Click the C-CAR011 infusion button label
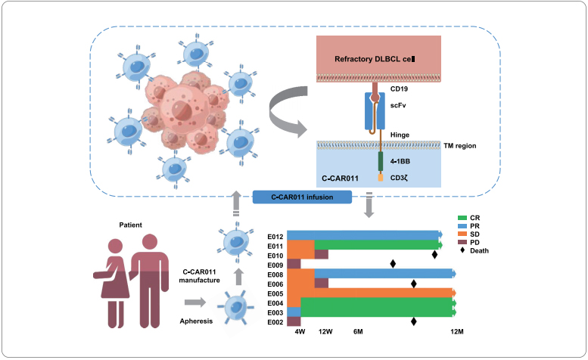[302, 197]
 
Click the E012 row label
[275, 235]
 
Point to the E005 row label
[275, 293]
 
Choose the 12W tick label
[326, 332]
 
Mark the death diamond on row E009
[393, 264]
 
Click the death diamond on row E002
[414, 321]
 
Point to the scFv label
[399, 107]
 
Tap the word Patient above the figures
[131, 225]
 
